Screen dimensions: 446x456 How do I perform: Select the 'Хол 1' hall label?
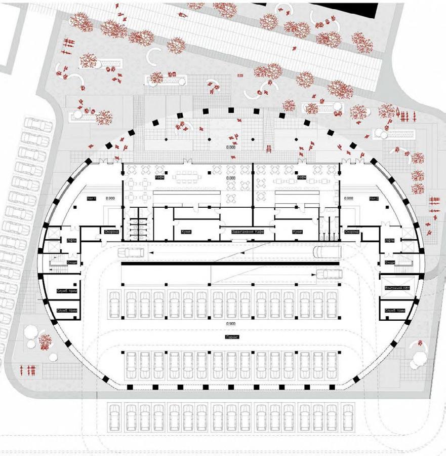pyautogui.click(x=91, y=199)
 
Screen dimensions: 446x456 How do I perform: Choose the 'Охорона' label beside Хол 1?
pyautogui.click(x=111, y=232)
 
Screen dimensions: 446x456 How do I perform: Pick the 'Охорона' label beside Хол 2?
pyautogui.click(x=351, y=232)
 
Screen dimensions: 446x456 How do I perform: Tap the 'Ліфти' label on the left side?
pyautogui.click(x=71, y=241)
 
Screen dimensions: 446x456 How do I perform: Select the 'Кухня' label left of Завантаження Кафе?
pyautogui.click(x=185, y=232)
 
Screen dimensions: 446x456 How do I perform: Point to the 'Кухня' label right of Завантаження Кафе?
pyautogui.click(x=297, y=232)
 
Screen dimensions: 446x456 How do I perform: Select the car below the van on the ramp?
pyautogui.click(x=330, y=274)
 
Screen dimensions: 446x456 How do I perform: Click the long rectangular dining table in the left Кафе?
pyautogui.click(x=187, y=177)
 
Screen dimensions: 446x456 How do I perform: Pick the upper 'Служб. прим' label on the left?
pyautogui.click(x=65, y=291)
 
